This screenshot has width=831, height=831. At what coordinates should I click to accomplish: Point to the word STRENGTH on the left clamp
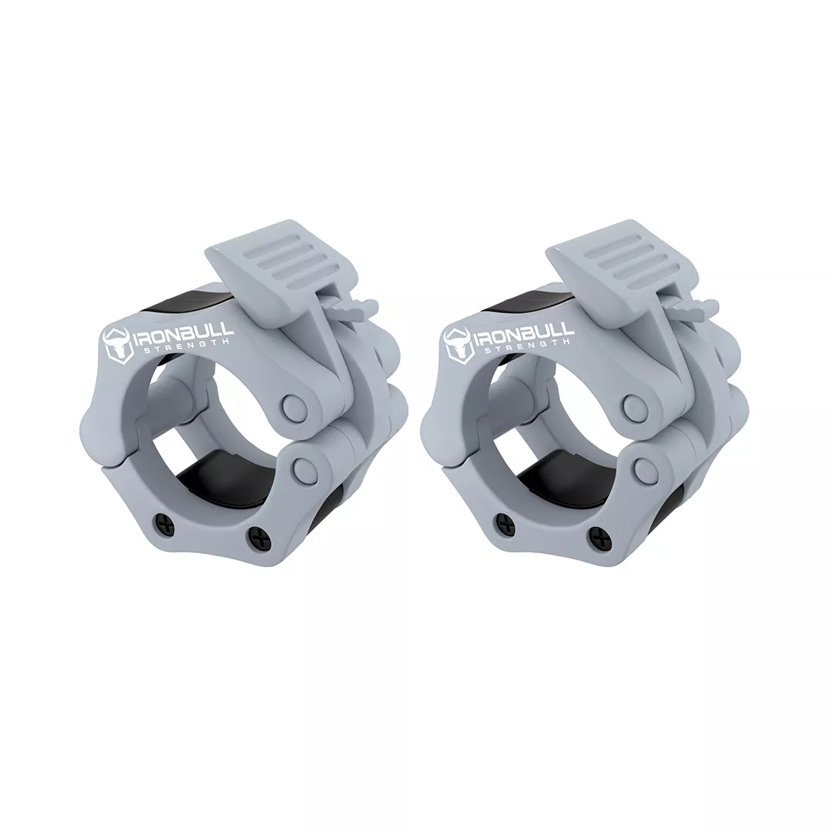pos(185,344)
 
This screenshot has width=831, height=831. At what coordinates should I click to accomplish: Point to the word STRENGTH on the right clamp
pos(526,344)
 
